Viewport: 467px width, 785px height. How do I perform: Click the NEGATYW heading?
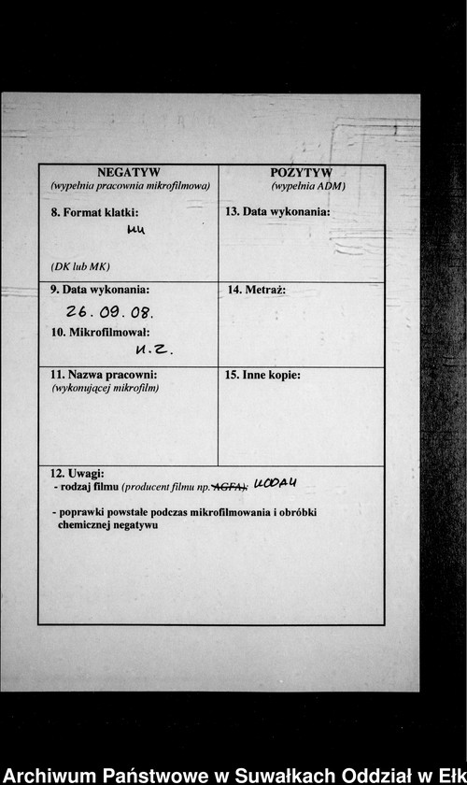tap(129, 173)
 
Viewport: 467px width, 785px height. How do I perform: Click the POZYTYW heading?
tap(301, 173)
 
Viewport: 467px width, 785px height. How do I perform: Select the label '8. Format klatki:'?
tap(94, 212)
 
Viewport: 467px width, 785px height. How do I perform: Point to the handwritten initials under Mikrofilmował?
tap(154, 350)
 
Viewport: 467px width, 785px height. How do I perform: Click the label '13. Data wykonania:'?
tap(277, 212)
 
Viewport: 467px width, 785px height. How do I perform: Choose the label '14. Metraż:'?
tap(257, 291)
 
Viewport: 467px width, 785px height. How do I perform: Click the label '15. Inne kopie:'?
tap(263, 376)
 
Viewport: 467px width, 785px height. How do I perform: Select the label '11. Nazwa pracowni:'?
tap(104, 375)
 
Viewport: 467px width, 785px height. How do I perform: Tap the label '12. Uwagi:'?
tap(78, 475)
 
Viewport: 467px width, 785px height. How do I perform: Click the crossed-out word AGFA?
tap(230, 487)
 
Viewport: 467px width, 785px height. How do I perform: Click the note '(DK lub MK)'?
tap(80, 266)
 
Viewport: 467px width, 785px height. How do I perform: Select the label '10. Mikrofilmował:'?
tap(100, 333)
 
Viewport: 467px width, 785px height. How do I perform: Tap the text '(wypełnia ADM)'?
tap(301, 186)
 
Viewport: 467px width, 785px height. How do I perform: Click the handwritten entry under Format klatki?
tap(136, 230)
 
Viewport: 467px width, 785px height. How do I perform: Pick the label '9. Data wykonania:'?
tap(100, 290)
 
